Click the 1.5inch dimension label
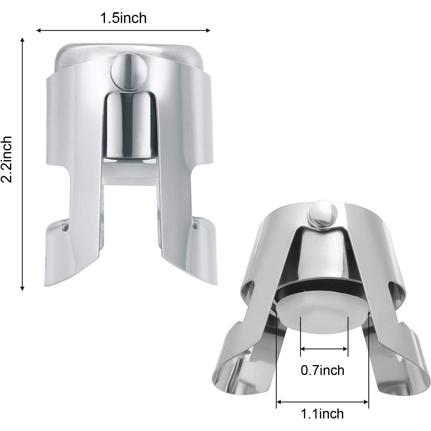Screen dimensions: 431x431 [123, 18]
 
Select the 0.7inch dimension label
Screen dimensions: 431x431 [322, 370]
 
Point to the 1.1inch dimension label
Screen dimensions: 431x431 [322, 414]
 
